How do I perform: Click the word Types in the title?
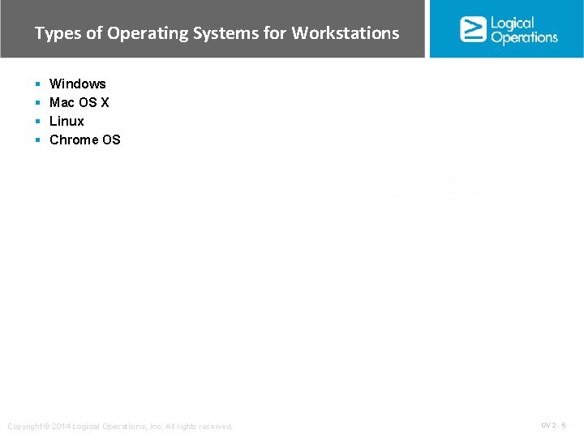pos(54,33)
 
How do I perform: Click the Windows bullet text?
pos(77,84)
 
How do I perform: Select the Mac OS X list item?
pos(79,102)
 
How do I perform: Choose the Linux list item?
pos(67,121)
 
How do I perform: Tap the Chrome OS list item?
pos(84,140)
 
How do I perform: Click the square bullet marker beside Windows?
pos(37,84)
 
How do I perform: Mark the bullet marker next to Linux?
pos(37,122)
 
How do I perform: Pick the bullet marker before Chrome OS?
pos(37,140)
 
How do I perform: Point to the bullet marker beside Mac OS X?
pos(37,103)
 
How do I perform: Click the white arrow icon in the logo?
pos(473,29)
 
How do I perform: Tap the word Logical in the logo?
pos(513,23)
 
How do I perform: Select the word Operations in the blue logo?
pos(524,37)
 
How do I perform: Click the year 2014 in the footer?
pos(62,427)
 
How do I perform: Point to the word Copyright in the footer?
pos(24,427)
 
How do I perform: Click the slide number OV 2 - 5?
pos(553,425)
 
